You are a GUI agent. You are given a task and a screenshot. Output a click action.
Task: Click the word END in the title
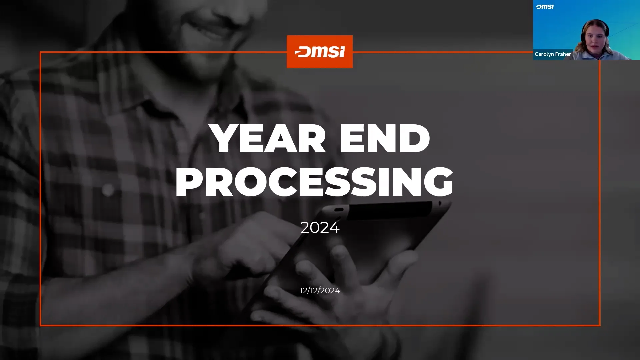[x=385, y=138]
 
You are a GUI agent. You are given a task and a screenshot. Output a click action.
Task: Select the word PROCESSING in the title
[x=314, y=182]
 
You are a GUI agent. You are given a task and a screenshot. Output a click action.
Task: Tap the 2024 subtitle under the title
[x=320, y=228]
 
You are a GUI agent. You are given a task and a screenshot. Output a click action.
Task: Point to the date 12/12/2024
[x=320, y=291]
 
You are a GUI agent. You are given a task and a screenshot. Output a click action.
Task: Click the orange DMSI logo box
[x=320, y=52]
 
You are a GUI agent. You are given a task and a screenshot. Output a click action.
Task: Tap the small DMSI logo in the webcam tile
[x=545, y=7]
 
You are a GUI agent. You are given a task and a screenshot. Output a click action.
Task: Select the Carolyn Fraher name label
[x=553, y=54]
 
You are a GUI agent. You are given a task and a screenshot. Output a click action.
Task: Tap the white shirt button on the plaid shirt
[x=108, y=190]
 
